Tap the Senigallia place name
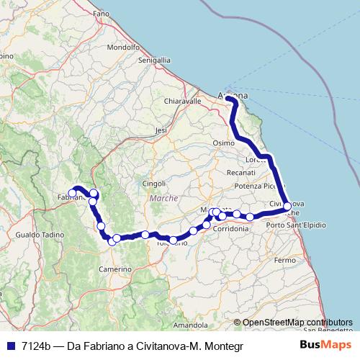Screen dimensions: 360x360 [x=154, y=62]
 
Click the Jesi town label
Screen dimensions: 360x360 [x=161, y=130]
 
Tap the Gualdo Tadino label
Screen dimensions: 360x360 [x=35, y=235]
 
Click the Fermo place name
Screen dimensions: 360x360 [x=285, y=259]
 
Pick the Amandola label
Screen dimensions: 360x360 [x=190, y=325]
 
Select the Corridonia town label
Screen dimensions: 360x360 [x=231, y=228]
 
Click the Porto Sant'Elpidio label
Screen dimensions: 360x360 [x=295, y=226]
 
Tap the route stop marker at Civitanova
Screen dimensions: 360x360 [x=287, y=207]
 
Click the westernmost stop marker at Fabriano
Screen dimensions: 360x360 [x=71, y=193]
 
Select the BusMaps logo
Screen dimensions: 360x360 [x=325, y=345]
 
